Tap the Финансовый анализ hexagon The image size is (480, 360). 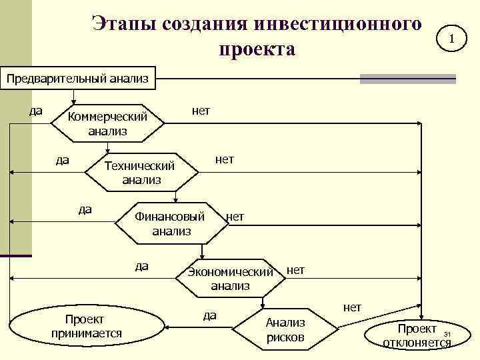tap(171, 223)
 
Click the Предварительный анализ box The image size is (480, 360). tap(77, 79)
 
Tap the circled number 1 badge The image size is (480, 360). tap(451, 40)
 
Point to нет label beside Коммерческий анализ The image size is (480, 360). tap(201, 111)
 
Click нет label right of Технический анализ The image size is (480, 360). tap(224, 159)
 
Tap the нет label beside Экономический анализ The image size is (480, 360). tap(295, 269)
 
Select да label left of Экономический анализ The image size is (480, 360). tap(141, 266)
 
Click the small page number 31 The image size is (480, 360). tap(447, 334)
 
